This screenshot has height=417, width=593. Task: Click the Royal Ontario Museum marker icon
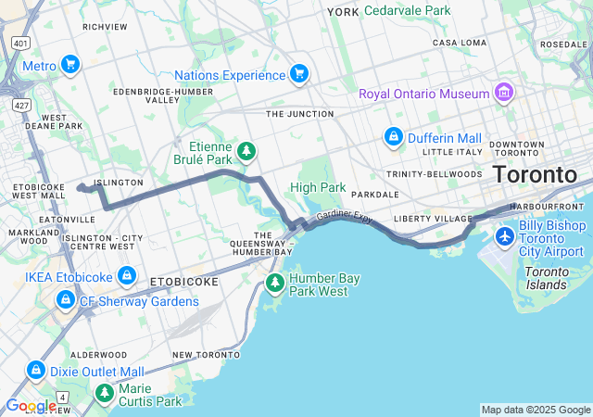tap(504, 93)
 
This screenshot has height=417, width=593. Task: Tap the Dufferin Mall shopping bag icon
tap(394, 137)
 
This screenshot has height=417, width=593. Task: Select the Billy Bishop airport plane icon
tap(505, 236)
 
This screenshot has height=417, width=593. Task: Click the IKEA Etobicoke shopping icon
tap(127, 276)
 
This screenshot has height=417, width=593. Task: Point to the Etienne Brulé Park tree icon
tap(246, 150)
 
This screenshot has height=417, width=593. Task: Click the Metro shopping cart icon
tap(70, 65)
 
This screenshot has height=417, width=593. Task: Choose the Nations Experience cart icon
tap(298, 73)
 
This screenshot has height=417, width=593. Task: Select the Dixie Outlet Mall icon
tap(36, 370)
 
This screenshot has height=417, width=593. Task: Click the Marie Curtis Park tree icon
tap(104, 394)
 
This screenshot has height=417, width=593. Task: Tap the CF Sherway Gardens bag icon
tap(65, 300)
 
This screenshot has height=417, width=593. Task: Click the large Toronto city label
tap(535, 174)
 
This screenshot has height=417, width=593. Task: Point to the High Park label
tap(318, 187)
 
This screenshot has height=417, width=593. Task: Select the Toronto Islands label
tap(546, 278)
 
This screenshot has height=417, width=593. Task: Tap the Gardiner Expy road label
tap(344, 216)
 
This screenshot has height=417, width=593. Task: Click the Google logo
tap(31, 406)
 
